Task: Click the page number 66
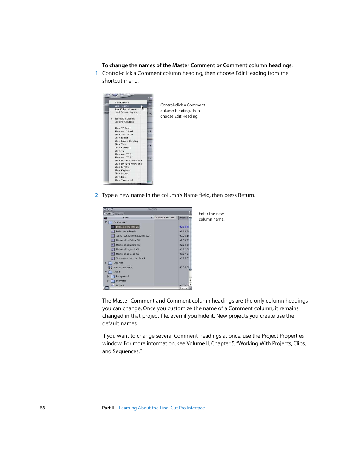pyautogui.click(x=42, y=408)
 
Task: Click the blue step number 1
pyautogui.click(x=97, y=74)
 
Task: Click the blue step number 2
pyautogui.click(x=97, y=195)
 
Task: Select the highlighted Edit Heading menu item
pyautogui.click(x=122, y=106)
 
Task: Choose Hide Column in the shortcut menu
pyautogui.click(x=122, y=103)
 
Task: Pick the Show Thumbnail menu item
pyautogui.click(x=124, y=180)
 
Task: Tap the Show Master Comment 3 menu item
pyautogui.click(x=128, y=161)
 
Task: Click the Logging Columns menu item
pyautogui.click(x=124, y=122)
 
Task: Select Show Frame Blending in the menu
pyautogui.click(x=126, y=141)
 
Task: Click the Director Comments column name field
pyautogui.click(x=165, y=218)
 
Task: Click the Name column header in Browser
pyautogui.click(x=126, y=218)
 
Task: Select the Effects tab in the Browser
pyautogui.click(x=119, y=214)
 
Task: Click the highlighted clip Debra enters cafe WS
pyautogui.click(x=128, y=227)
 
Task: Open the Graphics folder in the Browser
pyautogui.click(x=118, y=263)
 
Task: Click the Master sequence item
pyautogui.click(x=123, y=268)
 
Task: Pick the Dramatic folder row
pyautogui.click(x=121, y=281)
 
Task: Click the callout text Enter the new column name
pyautogui.click(x=211, y=217)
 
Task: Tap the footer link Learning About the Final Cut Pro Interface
pyautogui.click(x=162, y=408)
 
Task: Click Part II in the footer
pyautogui.click(x=108, y=408)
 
